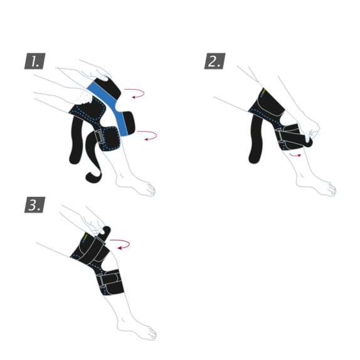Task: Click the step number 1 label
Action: tap(35, 61)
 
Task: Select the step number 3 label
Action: tap(35, 205)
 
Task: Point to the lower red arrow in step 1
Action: tap(149, 134)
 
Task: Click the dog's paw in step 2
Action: tap(327, 188)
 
